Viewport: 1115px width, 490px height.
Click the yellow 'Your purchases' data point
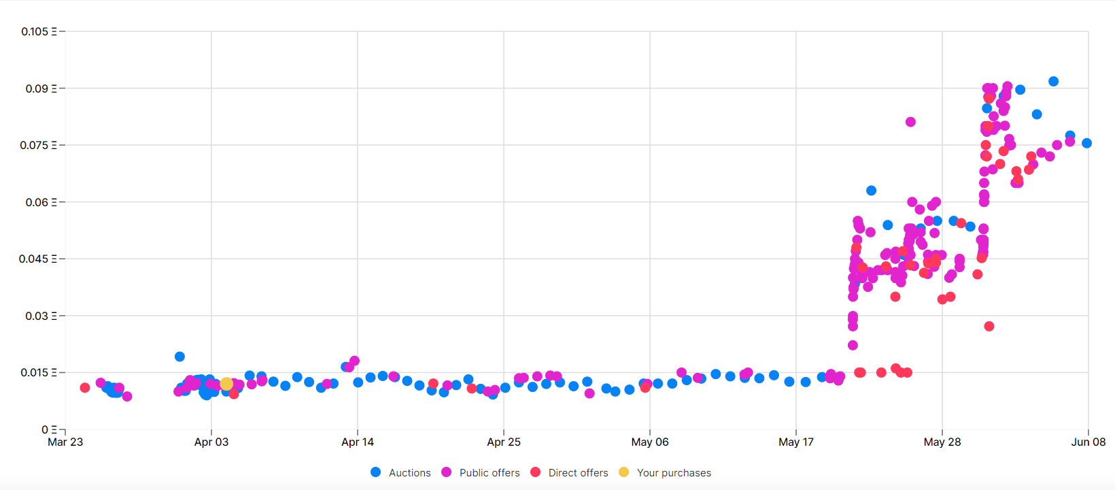pos(226,384)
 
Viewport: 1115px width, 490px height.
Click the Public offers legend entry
pos(481,472)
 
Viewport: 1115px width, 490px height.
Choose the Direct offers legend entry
pos(570,472)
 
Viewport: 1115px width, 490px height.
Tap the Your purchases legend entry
pos(665,472)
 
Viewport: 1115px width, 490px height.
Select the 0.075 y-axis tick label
pos(39,145)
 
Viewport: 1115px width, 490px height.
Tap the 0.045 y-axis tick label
pos(39,259)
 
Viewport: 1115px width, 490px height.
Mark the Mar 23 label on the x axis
pos(65,442)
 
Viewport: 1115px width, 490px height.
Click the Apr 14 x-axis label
pos(358,442)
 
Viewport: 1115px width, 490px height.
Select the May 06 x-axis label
pos(649,442)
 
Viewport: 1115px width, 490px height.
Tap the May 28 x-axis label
pos(942,442)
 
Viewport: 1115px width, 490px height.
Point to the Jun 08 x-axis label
pos(1088,442)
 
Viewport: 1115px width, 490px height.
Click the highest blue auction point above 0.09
pos(1053,81)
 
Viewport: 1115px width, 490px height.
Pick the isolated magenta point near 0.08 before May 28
pos(910,122)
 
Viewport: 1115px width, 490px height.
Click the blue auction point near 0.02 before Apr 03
pos(179,357)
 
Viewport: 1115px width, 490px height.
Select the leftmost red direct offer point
pos(85,388)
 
